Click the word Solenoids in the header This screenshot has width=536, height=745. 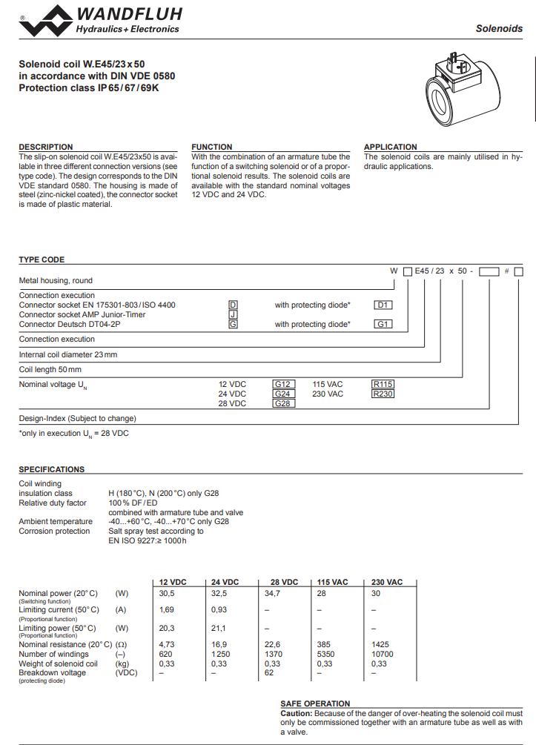coord(499,29)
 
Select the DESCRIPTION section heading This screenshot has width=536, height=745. coord(46,147)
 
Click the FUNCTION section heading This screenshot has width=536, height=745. coord(212,147)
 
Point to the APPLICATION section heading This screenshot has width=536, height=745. coord(391,147)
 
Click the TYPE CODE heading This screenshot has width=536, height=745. coord(42,259)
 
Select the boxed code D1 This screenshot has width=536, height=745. coord(383,305)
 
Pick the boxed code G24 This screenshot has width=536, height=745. coord(282,394)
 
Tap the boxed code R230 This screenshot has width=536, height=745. coord(383,394)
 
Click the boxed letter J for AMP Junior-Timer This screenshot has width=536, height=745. coord(233,314)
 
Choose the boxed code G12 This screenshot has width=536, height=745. coord(282,384)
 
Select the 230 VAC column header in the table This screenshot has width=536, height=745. coord(387,582)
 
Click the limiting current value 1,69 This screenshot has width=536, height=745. coord(167,609)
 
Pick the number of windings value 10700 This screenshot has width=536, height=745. coord(383,654)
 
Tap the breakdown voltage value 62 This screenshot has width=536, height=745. coord(269,672)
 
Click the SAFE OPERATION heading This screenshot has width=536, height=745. coord(315,703)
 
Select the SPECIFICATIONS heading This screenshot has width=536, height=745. coord(52,469)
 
